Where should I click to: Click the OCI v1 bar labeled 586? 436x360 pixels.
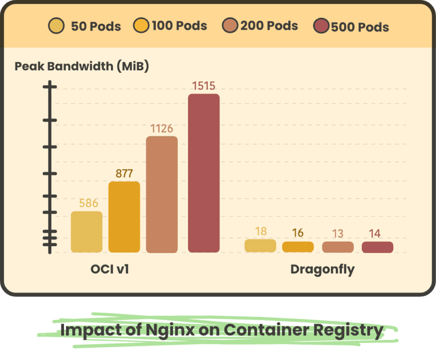click(x=87, y=232)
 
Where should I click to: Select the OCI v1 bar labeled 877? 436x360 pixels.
click(x=124, y=217)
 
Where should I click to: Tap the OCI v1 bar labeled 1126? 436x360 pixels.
click(x=162, y=194)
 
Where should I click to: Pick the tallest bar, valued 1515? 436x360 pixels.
click(x=203, y=173)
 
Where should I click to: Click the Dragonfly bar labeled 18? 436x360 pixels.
click(x=260, y=246)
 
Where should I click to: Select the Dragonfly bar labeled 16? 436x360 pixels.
click(x=298, y=247)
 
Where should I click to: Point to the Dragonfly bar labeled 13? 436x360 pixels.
click(x=338, y=247)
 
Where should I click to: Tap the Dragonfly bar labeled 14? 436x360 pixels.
click(x=377, y=247)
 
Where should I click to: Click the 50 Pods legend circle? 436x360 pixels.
click(x=57, y=26)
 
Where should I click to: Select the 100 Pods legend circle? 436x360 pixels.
click(x=141, y=26)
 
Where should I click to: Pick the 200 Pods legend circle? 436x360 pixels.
click(x=230, y=26)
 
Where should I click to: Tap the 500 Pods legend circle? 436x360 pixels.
click(x=321, y=27)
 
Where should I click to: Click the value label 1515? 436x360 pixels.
click(x=203, y=86)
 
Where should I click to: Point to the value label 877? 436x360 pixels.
click(x=124, y=174)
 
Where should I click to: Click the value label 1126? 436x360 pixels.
click(x=162, y=129)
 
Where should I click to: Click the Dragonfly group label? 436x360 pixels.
click(x=323, y=269)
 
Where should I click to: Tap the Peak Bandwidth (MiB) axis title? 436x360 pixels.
click(x=82, y=66)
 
